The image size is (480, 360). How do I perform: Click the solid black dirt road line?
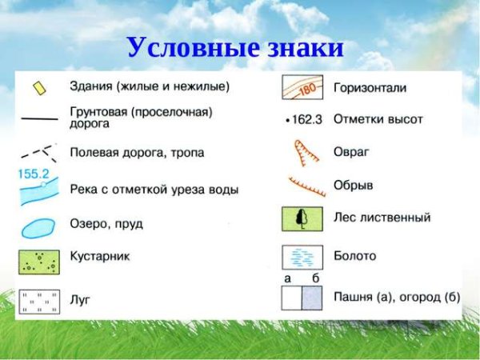(38, 118)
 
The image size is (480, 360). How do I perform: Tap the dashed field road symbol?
(39, 152)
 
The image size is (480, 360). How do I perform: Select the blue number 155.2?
(34, 172)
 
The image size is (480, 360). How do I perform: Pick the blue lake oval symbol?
(38, 228)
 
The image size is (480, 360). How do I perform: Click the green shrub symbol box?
(38, 262)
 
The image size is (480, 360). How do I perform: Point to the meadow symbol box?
(38, 302)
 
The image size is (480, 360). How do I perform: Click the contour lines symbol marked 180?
(302, 87)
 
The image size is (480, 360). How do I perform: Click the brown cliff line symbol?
(307, 187)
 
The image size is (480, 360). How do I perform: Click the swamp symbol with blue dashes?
(302, 257)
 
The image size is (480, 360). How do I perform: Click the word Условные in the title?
(186, 47)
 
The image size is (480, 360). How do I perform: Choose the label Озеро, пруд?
(106, 224)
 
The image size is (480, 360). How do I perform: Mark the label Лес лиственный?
(382, 217)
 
